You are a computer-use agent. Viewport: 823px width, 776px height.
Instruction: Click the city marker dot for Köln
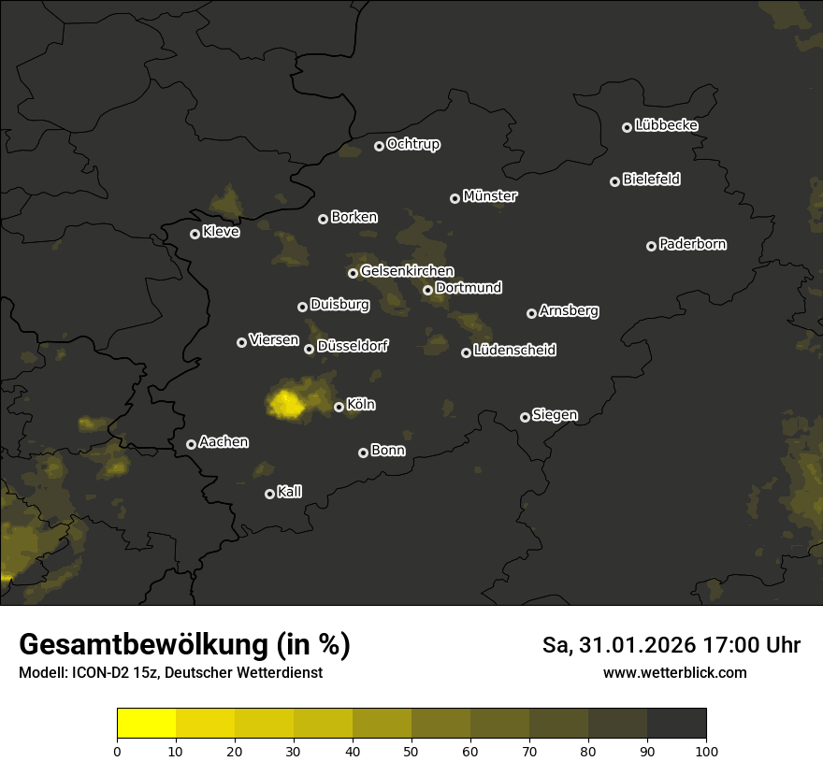coord(339,407)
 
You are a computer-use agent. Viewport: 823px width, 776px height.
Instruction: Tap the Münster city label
coord(489,196)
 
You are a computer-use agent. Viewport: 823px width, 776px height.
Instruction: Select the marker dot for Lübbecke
coord(627,127)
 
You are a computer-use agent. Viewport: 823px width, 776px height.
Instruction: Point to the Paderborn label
coord(692,244)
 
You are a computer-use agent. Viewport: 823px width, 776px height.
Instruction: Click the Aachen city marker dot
coord(191,444)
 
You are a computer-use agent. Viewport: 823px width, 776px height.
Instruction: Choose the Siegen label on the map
coord(555,415)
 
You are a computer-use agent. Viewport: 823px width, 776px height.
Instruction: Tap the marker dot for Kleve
coord(195,234)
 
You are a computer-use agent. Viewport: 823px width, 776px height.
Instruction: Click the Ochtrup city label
coord(412,144)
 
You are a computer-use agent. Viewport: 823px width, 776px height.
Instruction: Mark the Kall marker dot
coord(269,494)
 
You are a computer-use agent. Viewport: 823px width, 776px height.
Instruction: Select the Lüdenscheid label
coord(514,351)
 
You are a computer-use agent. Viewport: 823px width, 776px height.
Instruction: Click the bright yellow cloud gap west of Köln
coord(286,403)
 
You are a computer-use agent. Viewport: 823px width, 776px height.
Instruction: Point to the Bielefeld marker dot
coord(614,181)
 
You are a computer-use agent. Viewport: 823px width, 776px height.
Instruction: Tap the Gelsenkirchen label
coord(407,271)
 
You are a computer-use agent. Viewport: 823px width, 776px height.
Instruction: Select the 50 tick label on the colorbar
coord(411,750)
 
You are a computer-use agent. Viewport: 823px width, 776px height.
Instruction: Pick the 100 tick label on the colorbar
coord(706,750)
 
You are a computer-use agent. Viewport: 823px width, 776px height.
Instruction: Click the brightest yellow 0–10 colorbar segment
coord(146,723)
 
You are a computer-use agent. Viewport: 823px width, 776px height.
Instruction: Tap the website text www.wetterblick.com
coord(674,672)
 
